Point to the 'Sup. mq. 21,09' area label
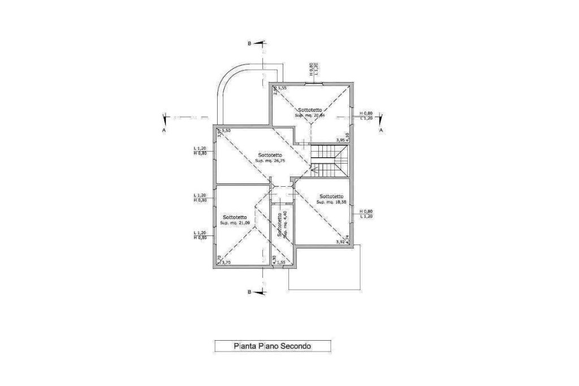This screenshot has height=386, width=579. pos(234,223)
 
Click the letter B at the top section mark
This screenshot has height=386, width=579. pos(249,43)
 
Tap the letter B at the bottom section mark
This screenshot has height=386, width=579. pos(249,292)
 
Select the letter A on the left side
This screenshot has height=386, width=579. pos(163,130)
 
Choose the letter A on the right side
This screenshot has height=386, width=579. pos(381,130)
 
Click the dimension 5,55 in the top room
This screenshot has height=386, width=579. pos(282,88)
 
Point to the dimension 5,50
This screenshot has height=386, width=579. pos(226,131)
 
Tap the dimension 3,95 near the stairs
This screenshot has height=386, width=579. pos(340,140)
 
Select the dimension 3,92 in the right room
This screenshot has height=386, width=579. pos(340,242)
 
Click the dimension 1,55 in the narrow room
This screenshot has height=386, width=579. pos(281,263)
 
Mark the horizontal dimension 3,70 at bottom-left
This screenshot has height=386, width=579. pos(226,263)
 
